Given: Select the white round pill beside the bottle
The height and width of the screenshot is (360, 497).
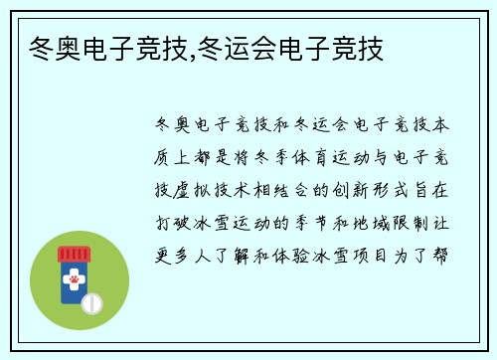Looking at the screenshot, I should (x=91, y=301).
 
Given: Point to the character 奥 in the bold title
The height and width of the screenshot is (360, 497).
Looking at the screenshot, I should (x=64, y=47).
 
